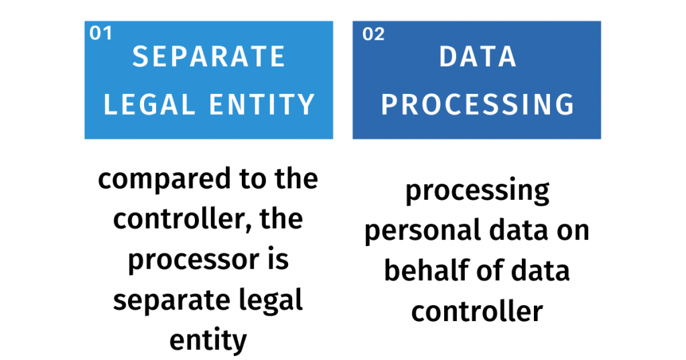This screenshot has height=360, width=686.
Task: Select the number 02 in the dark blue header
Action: point(373,34)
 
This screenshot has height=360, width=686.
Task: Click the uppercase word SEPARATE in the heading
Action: point(209,57)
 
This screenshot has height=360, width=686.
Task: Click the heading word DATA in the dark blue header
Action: point(478,57)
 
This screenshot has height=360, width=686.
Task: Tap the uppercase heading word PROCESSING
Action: point(478,105)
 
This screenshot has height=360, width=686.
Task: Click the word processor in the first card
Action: point(189,260)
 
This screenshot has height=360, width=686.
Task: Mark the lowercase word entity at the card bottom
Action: point(208,340)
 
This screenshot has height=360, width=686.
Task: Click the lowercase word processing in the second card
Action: point(477,192)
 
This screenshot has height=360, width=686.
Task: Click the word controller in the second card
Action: point(476,311)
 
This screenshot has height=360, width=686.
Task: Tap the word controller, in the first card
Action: point(179,220)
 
